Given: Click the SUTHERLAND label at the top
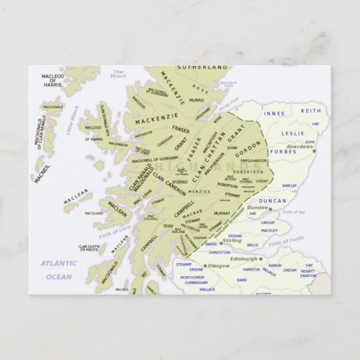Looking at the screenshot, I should (203, 67).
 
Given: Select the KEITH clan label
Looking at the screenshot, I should (311, 111).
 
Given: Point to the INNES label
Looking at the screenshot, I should (274, 113).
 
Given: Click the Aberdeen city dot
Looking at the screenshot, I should (314, 150).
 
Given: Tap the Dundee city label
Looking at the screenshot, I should (258, 207).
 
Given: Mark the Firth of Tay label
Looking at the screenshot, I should (293, 212).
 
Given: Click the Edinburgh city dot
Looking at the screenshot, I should (261, 259).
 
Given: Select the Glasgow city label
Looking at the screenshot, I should (219, 266).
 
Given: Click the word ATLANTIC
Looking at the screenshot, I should (59, 263).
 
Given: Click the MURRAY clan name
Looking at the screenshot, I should (222, 213).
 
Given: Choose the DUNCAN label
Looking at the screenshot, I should (273, 201).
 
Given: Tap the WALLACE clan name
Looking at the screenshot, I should (207, 290).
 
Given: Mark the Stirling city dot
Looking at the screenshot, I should (221, 243).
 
